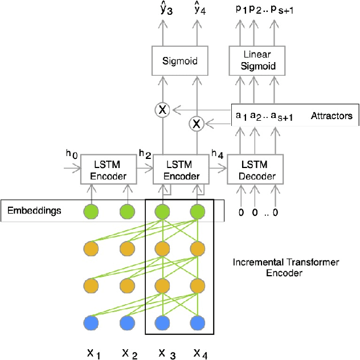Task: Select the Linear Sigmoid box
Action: [260, 60]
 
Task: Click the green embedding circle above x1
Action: [91, 211]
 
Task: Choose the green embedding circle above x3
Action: [162, 211]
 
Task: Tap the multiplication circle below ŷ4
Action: [197, 122]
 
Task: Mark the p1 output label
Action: [240, 11]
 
